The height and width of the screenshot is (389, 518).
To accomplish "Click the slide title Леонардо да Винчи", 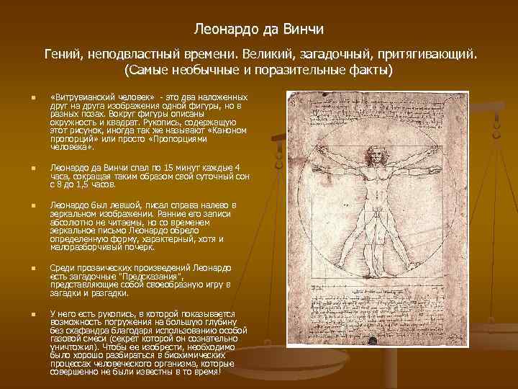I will (x=259, y=30).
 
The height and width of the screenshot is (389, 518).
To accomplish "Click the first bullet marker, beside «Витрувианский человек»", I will (x=24, y=97).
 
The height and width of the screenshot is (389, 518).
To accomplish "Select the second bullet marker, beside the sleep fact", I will (x=24, y=169).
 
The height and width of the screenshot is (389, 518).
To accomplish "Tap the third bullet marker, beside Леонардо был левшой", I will (x=24, y=205).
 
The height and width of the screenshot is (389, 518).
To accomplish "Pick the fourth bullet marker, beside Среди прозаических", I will (x=24, y=268).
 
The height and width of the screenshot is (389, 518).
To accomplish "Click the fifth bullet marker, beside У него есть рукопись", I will (x=24, y=313).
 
